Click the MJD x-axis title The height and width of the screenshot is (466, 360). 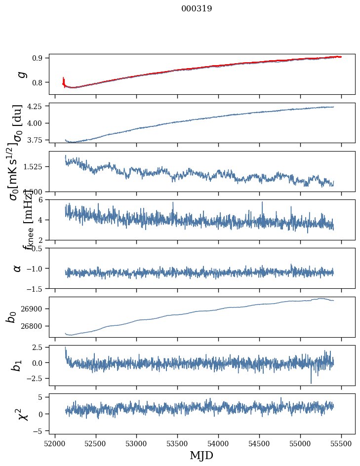201,455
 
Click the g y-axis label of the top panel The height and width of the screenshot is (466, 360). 21,74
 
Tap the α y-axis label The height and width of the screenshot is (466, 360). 18,268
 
